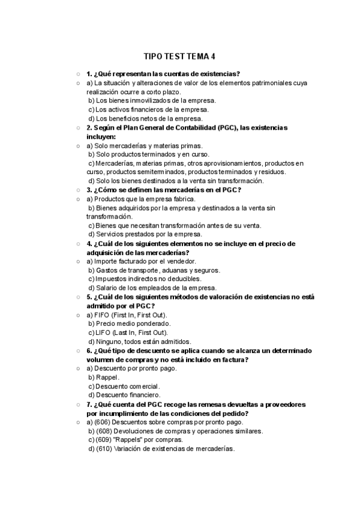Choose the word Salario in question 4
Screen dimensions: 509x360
pos(108,288)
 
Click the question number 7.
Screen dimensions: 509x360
pos(89,405)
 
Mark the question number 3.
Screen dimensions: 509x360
pos(89,190)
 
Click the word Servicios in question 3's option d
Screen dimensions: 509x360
pos(110,234)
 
